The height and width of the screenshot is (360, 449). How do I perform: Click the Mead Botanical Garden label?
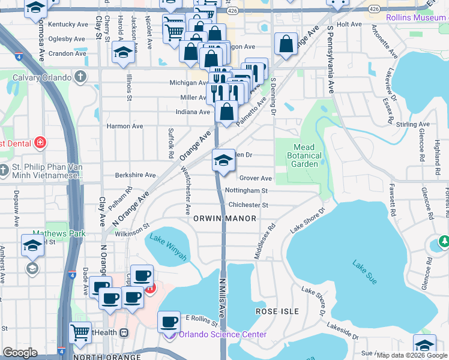307,155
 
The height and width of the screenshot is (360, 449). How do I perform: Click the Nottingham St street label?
246,191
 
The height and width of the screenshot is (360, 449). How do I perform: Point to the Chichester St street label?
247,205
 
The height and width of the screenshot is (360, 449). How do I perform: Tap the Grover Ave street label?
256,178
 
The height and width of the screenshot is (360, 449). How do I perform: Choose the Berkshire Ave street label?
136,175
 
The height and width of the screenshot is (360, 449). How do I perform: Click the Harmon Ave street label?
125,126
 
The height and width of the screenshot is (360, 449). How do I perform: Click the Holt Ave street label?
349,25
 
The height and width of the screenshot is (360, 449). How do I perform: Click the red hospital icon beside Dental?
40,143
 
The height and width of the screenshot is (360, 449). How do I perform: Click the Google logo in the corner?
20,353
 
